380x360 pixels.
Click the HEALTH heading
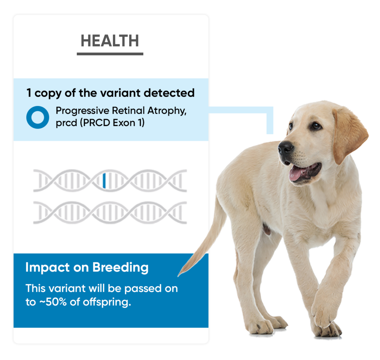pos(110,41)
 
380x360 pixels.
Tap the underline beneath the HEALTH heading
pos(110,54)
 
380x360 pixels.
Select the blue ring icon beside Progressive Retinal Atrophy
pos(37,117)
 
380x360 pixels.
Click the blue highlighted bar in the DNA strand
pos(104,180)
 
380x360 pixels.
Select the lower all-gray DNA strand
pos(110,213)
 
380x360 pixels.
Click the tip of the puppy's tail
pos(179,275)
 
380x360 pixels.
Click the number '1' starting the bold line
pos(29,93)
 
